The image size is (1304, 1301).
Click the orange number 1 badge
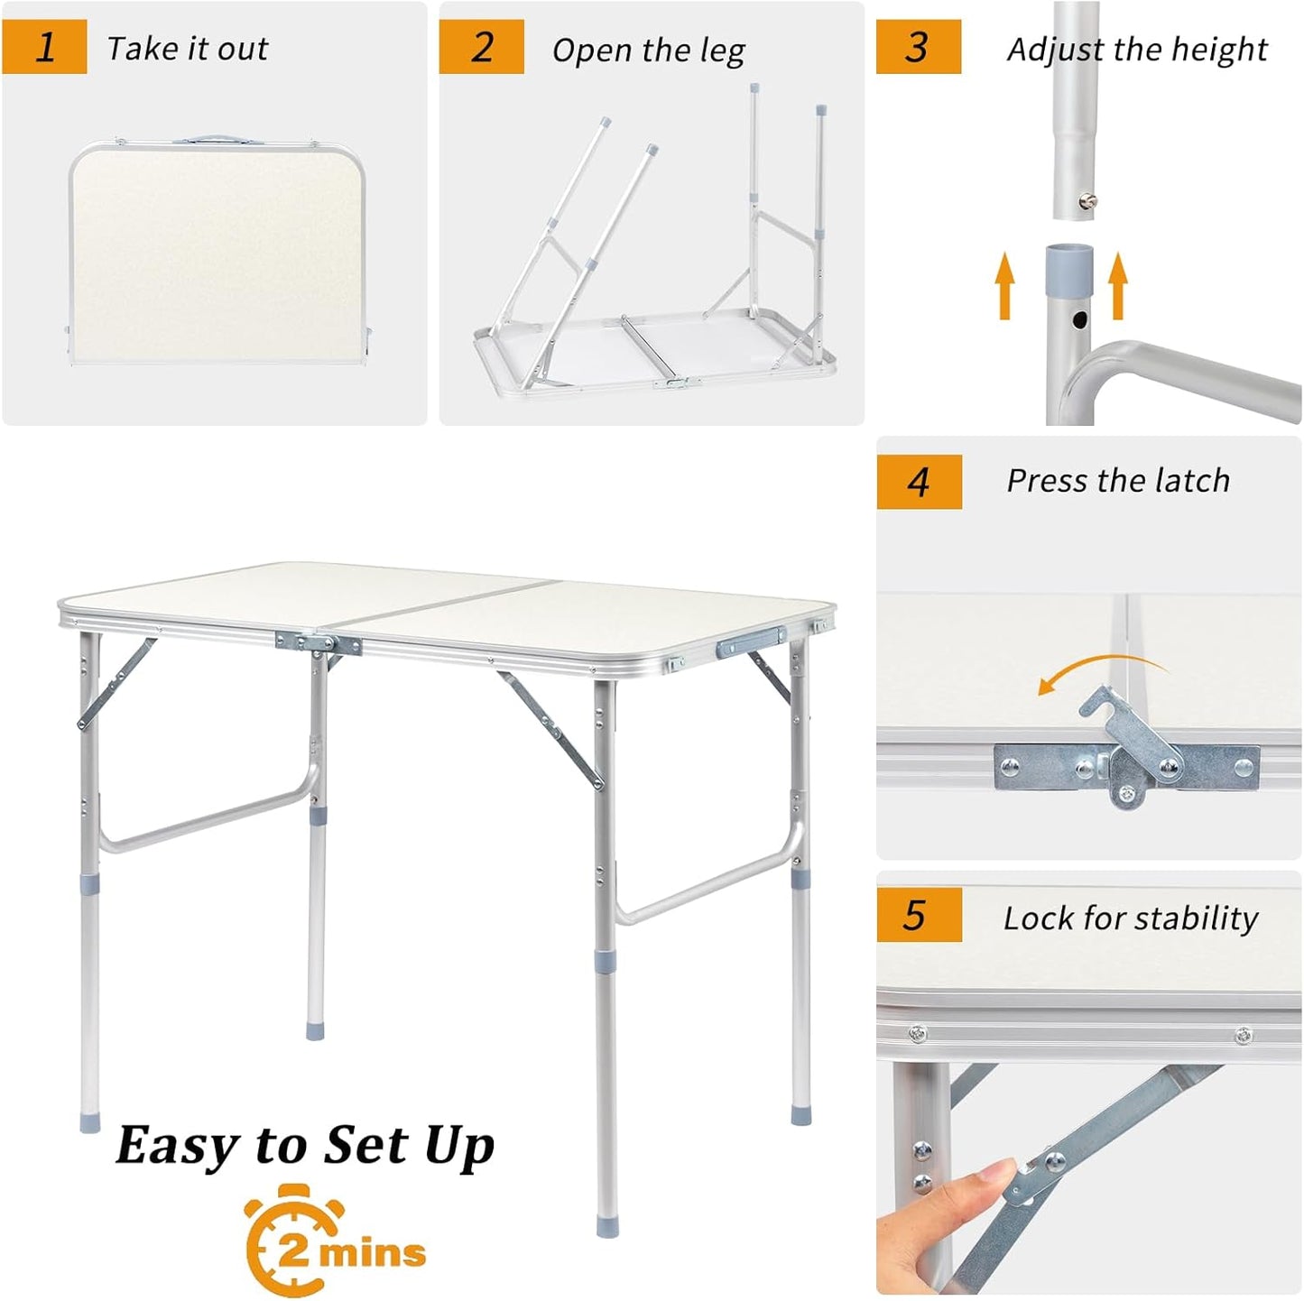click(45, 48)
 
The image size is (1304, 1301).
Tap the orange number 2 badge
click(482, 48)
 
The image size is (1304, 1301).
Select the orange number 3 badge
click(918, 48)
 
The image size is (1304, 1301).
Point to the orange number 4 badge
click(919, 482)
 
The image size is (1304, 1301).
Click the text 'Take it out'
click(187, 49)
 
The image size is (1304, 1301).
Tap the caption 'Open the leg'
click(648, 51)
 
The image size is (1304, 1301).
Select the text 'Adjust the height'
click(1136, 50)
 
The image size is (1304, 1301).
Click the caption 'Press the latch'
click(1118, 481)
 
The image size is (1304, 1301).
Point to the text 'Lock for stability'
click(1130, 918)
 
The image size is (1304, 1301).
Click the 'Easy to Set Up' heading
click(305, 1146)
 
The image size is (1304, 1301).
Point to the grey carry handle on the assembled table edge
click(751, 642)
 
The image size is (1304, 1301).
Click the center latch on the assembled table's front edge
click(319, 644)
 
